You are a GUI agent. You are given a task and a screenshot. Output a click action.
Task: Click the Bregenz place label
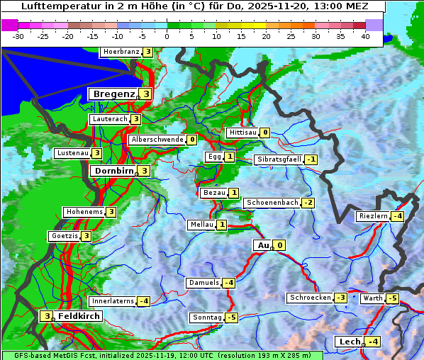coord(113,94)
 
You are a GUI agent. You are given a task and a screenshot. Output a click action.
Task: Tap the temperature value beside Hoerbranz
coord(147,52)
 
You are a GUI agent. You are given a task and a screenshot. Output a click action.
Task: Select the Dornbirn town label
coord(113,171)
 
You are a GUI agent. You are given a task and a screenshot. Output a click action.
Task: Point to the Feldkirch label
coord(79,316)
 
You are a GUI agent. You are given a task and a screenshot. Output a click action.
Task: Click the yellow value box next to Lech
coord(374,342)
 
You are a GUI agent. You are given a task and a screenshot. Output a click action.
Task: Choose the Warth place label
coord(372,298)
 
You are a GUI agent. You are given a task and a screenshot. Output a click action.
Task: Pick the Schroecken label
coord(310,298)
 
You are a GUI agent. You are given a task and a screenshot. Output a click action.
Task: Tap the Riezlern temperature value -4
coord(399,216)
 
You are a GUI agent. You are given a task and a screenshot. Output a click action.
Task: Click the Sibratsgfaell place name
coord(279,159)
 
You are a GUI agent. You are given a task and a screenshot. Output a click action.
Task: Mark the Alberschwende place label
coord(157,140)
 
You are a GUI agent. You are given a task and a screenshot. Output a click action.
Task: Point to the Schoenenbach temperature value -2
coord(308,203)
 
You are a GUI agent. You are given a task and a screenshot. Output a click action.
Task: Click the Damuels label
coord(203,283)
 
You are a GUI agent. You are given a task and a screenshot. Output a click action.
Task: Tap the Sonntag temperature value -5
coord(231,317)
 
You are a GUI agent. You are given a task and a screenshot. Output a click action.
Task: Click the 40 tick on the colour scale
coord(365,36)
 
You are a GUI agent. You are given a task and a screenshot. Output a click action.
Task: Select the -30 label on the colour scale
coord(18,36)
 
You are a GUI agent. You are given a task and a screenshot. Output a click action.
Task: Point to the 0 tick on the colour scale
coord(167,36)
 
